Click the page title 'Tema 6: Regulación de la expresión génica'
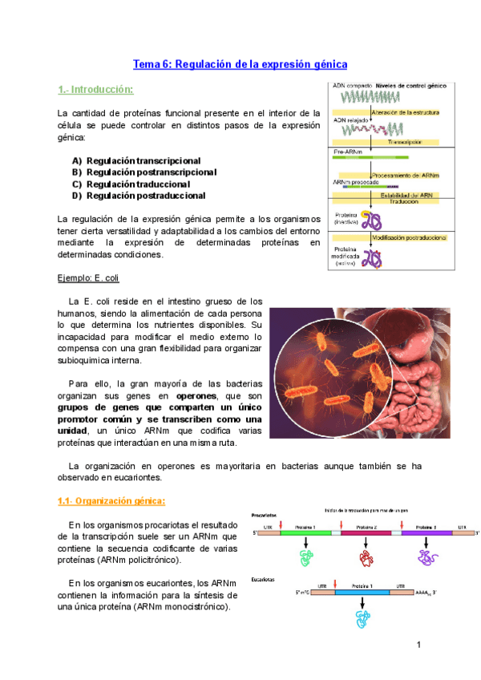[240, 63]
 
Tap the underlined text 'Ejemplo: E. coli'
[88, 277]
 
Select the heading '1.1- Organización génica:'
[111, 501]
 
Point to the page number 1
[418, 645]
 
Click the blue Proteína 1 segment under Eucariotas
[362, 592]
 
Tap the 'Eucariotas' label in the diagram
[265, 578]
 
